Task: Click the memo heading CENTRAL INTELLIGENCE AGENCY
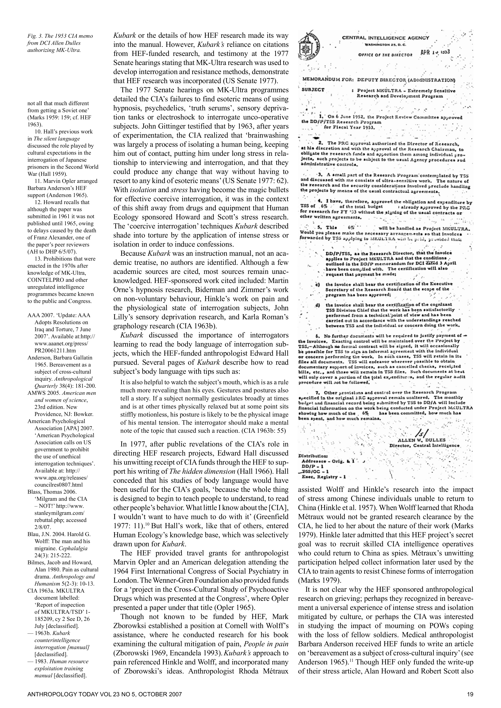click(386, 38)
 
